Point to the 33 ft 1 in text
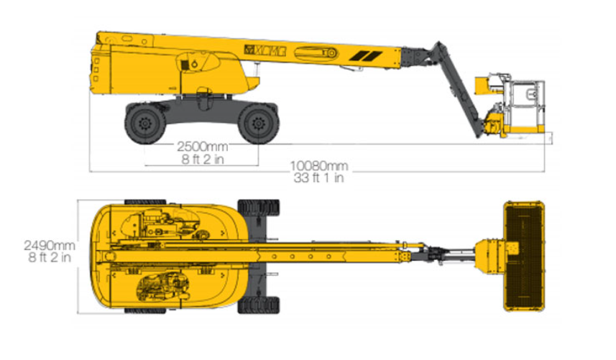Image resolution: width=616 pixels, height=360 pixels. [x=317, y=177]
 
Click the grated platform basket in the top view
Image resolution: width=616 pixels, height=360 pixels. [x=523, y=256]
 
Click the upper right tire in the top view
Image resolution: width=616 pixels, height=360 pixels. [x=259, y=209]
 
